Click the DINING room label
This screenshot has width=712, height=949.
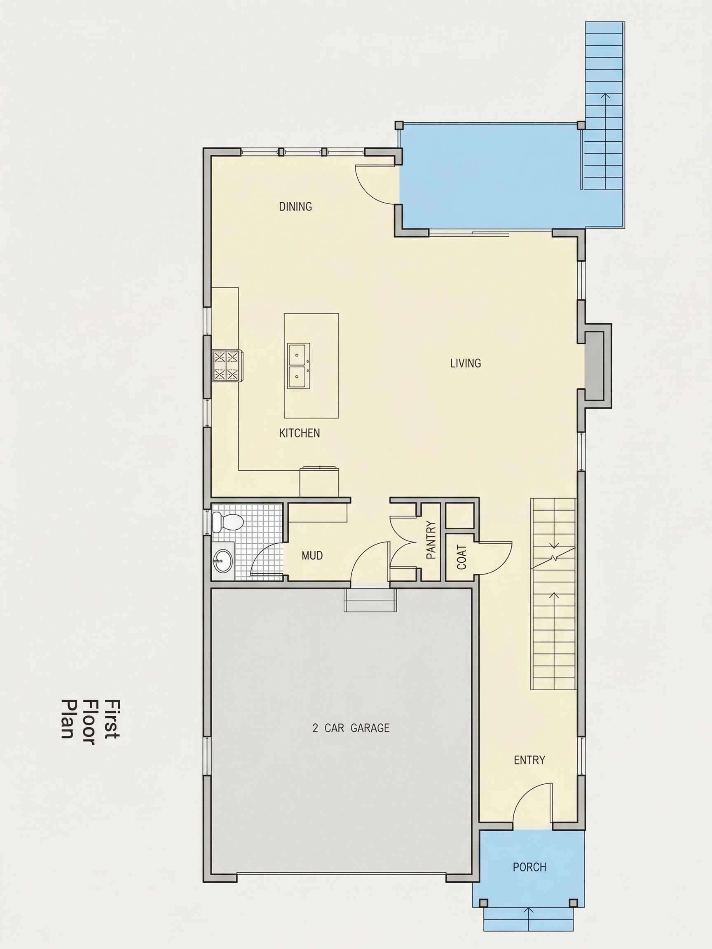[x=295, y=206]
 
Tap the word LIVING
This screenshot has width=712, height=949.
[x=465, y=363]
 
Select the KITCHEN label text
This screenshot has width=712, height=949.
[x=300, y=433]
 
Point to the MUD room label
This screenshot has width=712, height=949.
[x=312, y=556]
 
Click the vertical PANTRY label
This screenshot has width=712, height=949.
[x=431, y=539]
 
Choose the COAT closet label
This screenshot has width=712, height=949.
[x=462, y=557]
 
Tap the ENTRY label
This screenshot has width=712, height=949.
[x=529, y=760]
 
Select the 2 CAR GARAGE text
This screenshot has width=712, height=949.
[x=351, y=728]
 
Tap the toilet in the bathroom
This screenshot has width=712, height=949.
[x=227, y=522]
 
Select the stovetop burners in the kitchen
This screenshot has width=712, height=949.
[x=226, y=365]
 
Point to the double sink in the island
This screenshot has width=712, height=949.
[x=297, y=365]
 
